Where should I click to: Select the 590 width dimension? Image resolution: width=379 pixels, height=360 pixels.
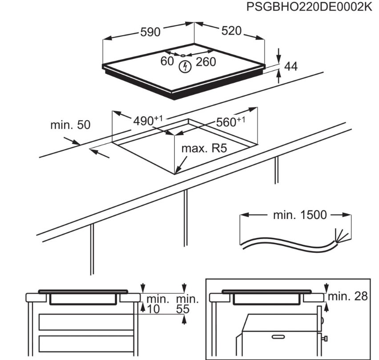(150, 32)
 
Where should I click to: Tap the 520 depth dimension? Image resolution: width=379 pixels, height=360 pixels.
(231, 31)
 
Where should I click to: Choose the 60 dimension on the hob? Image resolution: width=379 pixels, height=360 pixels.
(167, 61)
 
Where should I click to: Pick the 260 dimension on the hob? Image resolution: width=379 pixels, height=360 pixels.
(206, 62)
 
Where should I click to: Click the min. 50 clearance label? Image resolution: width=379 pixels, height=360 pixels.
(70, 125)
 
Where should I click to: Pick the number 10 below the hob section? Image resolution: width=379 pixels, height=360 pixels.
(153, 308)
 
